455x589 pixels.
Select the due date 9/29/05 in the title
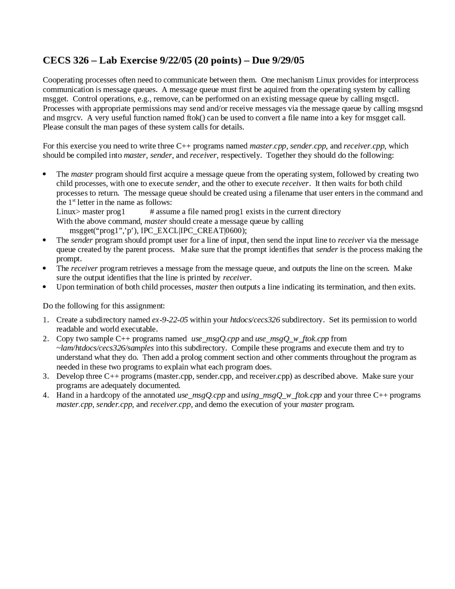[288, 60]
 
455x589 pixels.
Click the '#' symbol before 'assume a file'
[152, 212]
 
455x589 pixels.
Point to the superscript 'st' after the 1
[74, 201]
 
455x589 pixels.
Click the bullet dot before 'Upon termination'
[44, 287]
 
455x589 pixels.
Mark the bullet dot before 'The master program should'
[44, 174]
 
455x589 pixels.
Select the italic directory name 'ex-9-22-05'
[170, 320]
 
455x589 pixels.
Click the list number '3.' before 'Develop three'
[46, 376]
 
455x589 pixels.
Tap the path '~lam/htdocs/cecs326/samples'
[105, 348]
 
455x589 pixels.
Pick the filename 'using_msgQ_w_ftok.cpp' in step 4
[281, 395]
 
